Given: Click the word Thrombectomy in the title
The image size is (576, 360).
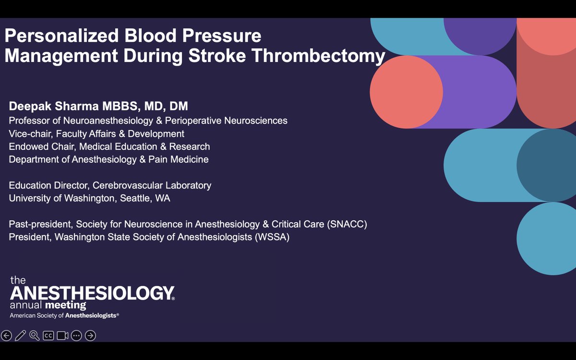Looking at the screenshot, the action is pos(318,56).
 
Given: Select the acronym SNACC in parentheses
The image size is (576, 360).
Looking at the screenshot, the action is pos(347,224).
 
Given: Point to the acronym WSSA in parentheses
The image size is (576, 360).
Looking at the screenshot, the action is pos(272,237).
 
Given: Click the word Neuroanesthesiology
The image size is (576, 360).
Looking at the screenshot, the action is pos(108,121).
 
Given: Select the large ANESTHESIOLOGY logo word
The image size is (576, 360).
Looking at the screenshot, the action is pos(92,293).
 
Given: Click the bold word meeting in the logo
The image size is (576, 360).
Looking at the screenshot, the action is pos(66,305).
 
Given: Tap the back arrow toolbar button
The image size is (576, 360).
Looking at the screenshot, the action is pos(6,336).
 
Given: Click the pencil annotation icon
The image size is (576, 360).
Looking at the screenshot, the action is pos(20,336).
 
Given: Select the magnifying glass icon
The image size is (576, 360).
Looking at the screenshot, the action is pos(34,336).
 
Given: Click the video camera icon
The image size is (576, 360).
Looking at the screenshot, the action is pos(62,336).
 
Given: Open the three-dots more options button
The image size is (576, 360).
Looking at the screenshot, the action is pos(76,336).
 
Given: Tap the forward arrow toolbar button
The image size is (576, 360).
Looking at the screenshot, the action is pos(90,336).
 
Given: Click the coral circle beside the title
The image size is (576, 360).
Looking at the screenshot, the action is pos(406,92).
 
